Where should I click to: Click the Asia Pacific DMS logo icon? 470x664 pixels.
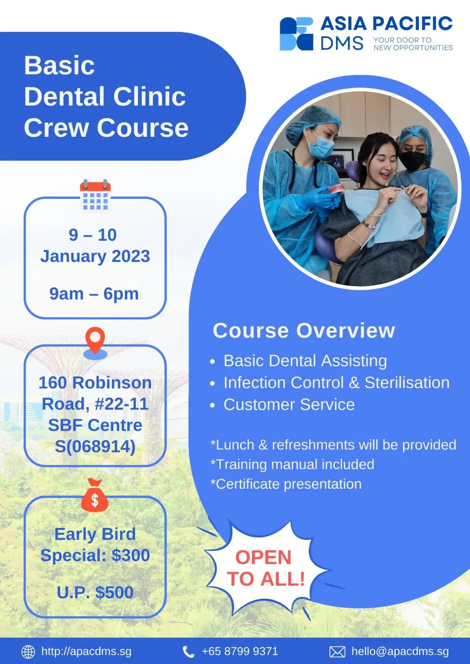(296, 34)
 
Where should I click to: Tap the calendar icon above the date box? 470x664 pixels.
(95, 195)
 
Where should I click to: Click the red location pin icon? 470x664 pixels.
(95, 343)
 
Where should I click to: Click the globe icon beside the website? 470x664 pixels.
(29, 652)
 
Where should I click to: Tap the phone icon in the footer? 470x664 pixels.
(189, 652)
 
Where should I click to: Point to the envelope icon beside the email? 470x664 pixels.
(337, 652)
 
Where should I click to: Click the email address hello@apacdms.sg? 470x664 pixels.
(400, 651)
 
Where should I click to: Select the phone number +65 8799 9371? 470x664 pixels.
(240, 651)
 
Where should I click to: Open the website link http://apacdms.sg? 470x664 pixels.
(86, 652)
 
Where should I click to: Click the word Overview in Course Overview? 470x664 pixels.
(346, 330)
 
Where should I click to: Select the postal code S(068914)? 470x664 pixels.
(95, 446)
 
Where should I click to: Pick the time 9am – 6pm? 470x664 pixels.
(94, 294)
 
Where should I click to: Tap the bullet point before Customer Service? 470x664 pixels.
(212, 405)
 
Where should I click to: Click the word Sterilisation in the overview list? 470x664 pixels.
(407, 382)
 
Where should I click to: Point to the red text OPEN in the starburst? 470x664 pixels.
(263, 557)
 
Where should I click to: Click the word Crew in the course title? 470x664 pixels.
(57, 128)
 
